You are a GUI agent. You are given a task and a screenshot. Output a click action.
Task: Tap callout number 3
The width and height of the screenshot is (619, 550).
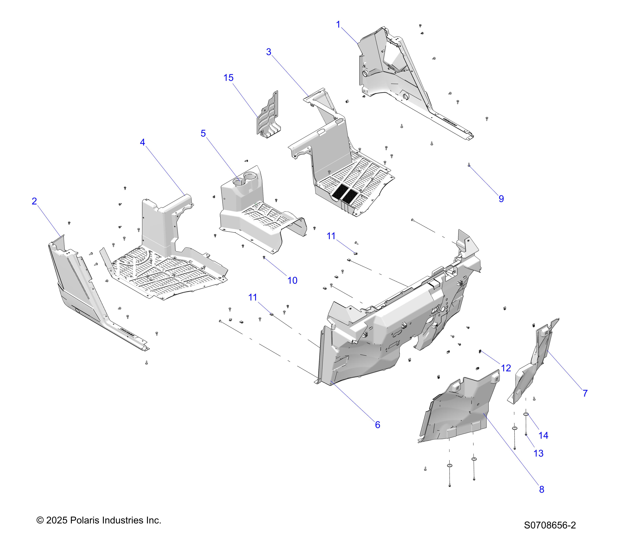(x=269, y=52)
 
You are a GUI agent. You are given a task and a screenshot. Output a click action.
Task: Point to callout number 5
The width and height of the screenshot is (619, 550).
(x=203, y=134)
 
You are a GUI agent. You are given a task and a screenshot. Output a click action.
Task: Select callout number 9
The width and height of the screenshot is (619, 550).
(x=501, y=199)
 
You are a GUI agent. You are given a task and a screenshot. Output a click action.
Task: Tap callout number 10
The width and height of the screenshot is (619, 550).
(x=292, y=281)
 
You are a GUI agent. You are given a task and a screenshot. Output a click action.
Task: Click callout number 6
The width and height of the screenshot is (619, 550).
(x=377, y=425)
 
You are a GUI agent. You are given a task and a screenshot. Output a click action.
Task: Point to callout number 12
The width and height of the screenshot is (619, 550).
(x=506, y=368)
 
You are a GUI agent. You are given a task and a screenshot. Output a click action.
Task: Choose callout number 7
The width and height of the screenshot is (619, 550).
(x=585, y=393)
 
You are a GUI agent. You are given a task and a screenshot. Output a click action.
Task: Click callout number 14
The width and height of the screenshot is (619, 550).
(x=543, y=435)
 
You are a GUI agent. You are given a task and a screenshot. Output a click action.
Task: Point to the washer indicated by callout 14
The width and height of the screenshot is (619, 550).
(x=526, y=414)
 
